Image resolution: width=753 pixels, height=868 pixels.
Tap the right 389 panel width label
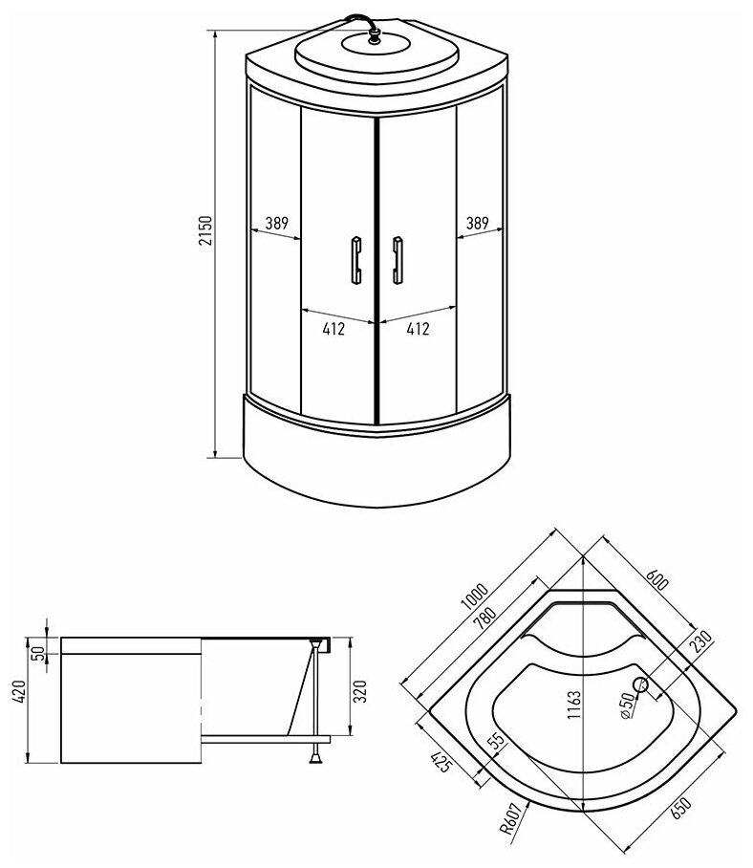478,223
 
